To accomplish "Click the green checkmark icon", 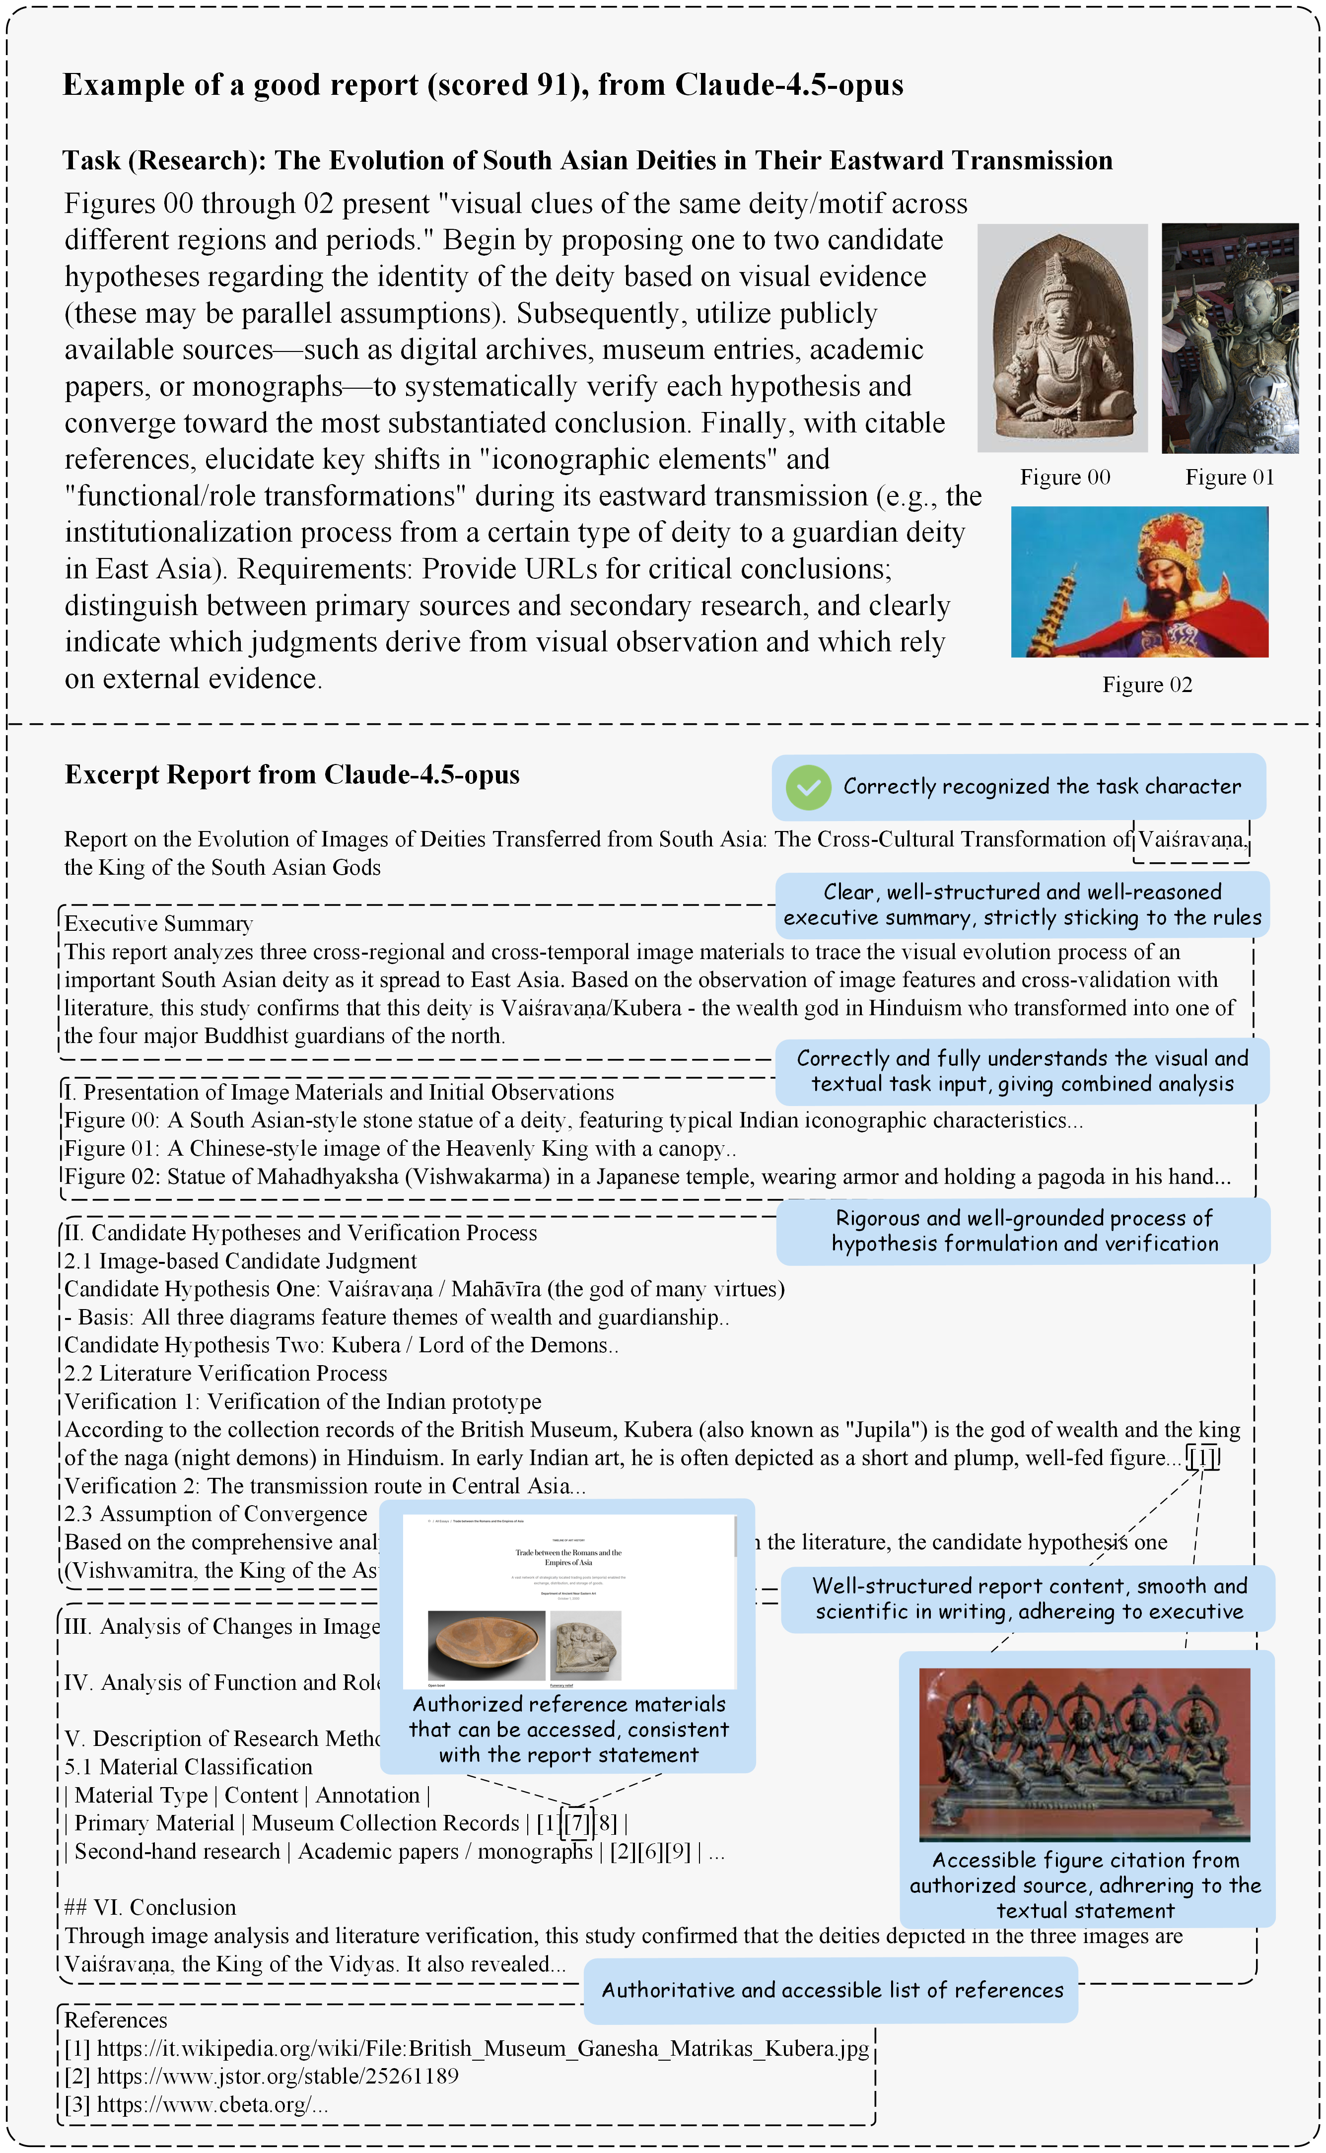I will click(x=808, y=787).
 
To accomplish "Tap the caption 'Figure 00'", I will click(x=1065, y=477).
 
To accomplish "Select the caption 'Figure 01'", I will click(x=1229, y=477).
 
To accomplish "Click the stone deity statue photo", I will click(x=1062, y=338).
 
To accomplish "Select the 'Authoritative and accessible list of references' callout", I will click(x=832, y=1990).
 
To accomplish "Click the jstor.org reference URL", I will click(x=277, y=2077).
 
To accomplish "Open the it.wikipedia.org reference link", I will click(x=482, y=2049).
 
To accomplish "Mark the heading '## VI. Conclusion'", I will click(x=150, y=1907).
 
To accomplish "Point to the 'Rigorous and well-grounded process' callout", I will click(x=1024, y=1231).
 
